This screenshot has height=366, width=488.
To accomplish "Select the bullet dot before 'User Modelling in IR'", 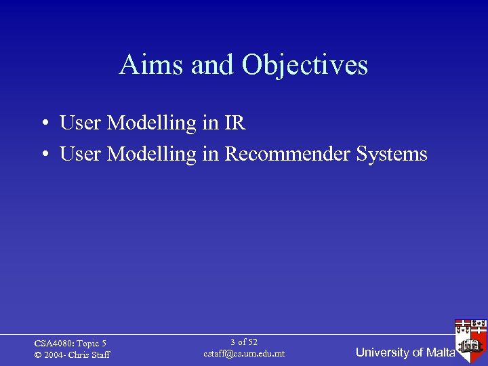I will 43,124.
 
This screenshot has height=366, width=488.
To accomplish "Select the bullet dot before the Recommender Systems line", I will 43,155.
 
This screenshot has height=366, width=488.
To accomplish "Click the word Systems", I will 391,155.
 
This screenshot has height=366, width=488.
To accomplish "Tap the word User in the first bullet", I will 81,123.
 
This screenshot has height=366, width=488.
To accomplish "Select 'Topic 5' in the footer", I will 92,344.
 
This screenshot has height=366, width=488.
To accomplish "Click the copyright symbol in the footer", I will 38,355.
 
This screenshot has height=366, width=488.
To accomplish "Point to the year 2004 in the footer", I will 55,355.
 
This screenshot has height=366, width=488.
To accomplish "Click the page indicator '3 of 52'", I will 244,342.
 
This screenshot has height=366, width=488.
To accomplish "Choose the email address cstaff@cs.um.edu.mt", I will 244,354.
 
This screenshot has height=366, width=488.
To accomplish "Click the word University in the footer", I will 382,352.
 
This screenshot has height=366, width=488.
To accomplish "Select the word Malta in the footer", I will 441,352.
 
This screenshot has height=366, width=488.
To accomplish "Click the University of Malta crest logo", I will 471,338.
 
